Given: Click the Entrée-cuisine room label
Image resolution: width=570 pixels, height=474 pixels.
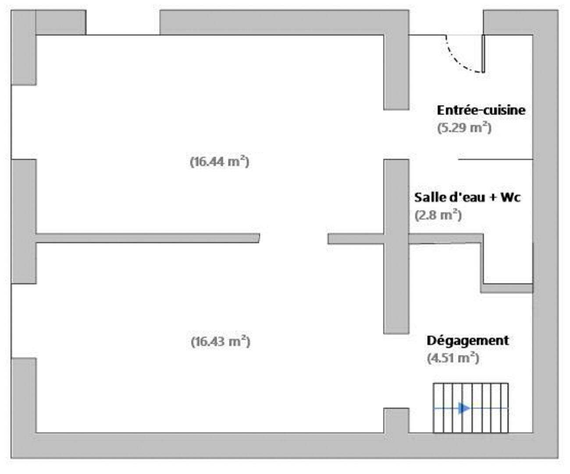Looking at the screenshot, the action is (481, 110).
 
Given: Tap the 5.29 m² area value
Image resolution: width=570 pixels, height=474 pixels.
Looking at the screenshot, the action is (464, 128).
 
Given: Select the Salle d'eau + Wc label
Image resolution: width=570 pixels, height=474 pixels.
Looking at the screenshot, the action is (467, 197).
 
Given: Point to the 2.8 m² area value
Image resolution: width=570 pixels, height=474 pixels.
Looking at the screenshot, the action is (438, 215).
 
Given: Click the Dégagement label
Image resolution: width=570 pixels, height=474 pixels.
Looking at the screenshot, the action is (468, 341).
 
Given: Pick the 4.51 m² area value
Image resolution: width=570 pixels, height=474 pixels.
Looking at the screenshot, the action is (453, 358).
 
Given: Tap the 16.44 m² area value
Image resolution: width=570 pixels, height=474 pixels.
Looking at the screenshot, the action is (220, 162).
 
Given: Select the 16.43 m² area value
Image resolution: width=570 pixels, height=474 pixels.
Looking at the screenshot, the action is (221, 341).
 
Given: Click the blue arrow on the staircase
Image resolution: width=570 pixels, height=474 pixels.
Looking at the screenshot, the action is (464, 408).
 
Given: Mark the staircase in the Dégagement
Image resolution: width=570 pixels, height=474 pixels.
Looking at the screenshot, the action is (470, 408).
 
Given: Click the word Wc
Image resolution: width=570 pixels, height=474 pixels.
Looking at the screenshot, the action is (511, 197).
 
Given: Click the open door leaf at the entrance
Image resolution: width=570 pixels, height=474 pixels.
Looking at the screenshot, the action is (483, 54).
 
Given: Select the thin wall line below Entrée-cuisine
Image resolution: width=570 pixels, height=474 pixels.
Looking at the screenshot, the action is (495, 159).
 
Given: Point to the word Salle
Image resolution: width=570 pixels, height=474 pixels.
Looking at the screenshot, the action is (430, 197).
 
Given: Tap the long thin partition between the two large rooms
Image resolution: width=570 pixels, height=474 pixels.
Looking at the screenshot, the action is (148, 238).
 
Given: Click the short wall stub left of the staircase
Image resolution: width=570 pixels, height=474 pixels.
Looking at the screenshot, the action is (396, 420).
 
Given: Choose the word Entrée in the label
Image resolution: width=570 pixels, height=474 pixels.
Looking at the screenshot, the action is (457, 110).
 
